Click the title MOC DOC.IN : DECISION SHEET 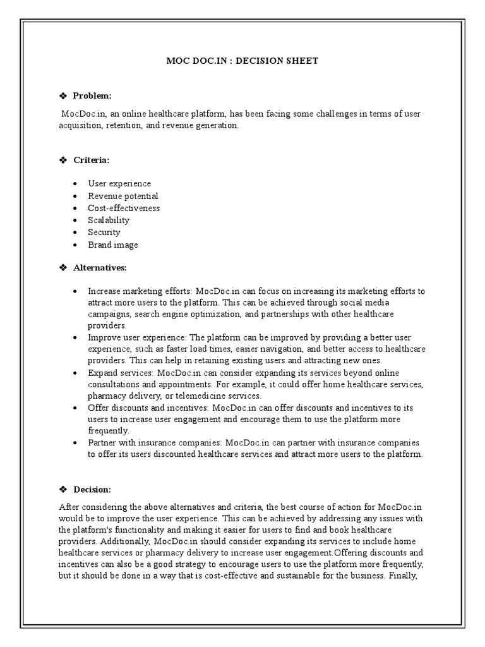pos(242,61)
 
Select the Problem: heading pos(92,96)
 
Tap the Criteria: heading pos(91,160)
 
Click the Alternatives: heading pos(100,268)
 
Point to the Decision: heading pos(92,490)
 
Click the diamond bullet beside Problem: pos(63,96)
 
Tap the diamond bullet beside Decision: pos(63,490)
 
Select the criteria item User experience pos(119,184)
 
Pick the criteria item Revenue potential pos(123,196)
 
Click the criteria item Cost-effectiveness pos(124,208)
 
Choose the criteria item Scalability pos(109,220)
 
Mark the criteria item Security pos(104,232)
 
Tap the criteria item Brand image pos(113,245)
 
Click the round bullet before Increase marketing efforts pos(75,292)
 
